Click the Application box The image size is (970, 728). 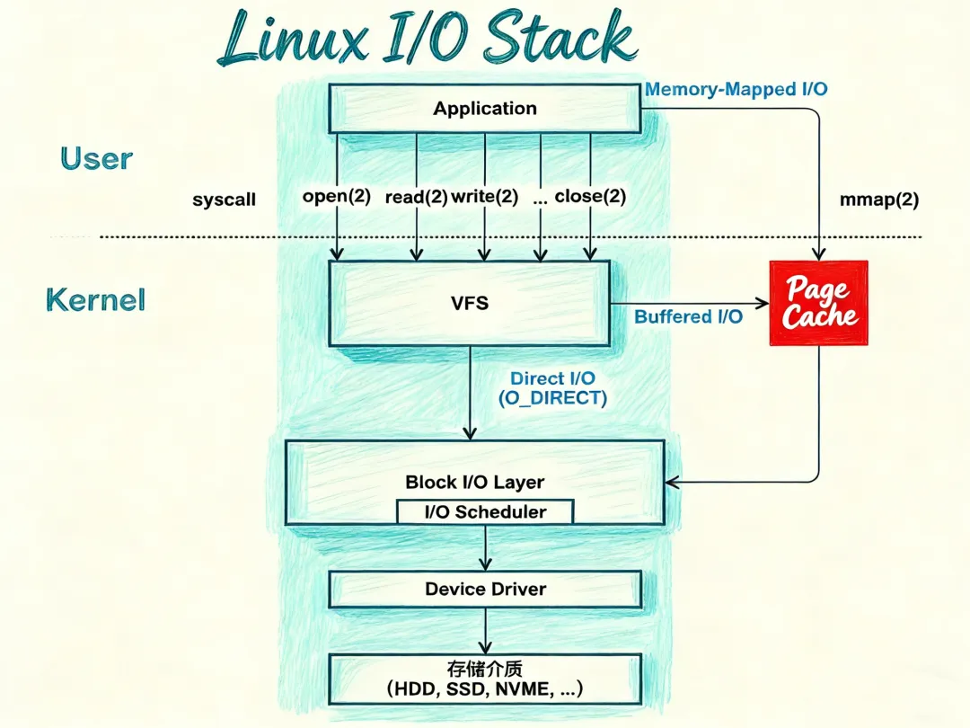click(x=484, y=109)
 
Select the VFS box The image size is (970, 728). click(x=470, y=303)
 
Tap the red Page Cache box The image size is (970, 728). click(x=818, y=303)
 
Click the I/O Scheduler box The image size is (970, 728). click(x=485, y=512)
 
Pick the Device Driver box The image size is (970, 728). click(x=485, y=590)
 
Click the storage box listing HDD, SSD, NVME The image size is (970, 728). click(x=485, y=679)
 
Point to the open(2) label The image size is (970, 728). click(x=337, y=197)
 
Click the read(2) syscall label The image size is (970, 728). click(x=416, y=197)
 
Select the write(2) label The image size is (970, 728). click(x=485, y=197)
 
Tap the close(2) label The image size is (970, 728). click(x=590, y=197)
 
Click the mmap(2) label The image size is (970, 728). click(x=878, y=200)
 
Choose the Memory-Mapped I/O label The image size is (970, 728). click(x=736, y=89)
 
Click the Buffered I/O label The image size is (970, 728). click(x=688, y=317)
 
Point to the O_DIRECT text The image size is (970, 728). click(x=553, y=398)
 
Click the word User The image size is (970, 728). click(x=96, y=159)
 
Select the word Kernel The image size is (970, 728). click(x=95, y=299)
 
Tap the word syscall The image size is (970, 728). click(x=224, y=200)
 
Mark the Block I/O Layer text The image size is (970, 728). click(x=474, y=482)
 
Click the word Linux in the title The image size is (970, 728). click(x=293, y=40)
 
